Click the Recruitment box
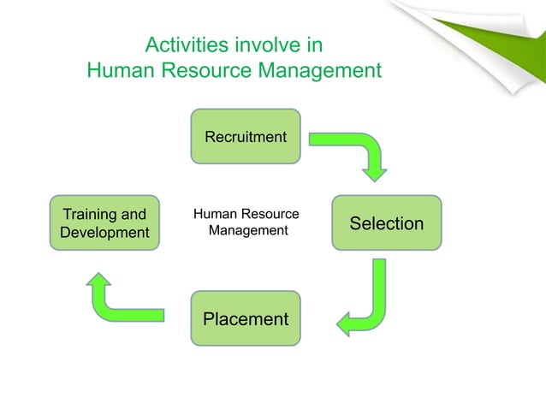click(x=246, y=136)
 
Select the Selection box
click(x=386, y=223)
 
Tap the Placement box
click(x=246, y=319)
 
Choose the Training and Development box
click(x=105, y=223)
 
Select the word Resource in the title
click(x=209, y=70)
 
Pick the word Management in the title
click(x=322, y=70)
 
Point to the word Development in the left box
click(x=105, y=233)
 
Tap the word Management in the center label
click(x=248, y=231)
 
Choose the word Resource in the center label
click(x=272, y=214)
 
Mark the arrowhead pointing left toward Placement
click(x=346, y=323)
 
